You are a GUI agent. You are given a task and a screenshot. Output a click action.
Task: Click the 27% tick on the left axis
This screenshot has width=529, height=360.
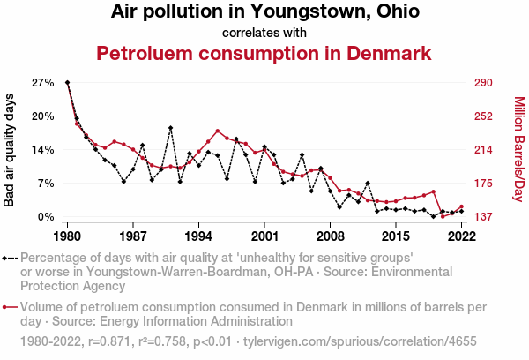[42, 83]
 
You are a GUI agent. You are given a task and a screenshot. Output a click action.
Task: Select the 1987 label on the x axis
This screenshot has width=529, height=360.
[133, 236]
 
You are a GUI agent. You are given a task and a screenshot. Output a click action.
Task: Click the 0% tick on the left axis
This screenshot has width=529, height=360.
[45, 216]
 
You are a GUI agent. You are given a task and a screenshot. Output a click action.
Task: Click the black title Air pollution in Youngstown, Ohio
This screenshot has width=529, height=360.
[264, 12]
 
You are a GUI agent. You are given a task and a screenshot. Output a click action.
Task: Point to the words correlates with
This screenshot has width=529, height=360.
[264, 33]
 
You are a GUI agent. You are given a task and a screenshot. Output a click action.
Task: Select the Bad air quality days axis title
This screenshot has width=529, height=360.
[10, 149]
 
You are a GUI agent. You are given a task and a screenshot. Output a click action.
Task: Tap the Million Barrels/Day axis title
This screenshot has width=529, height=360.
[518, 149]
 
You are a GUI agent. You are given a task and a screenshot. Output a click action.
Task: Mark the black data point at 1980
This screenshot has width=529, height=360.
[68, 82]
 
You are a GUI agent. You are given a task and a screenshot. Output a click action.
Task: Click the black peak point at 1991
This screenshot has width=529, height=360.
[170, 128]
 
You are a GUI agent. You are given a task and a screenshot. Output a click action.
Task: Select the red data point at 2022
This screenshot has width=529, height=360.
[461, 206]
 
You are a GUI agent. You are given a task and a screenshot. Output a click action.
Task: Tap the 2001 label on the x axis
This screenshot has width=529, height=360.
[264, 236]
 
